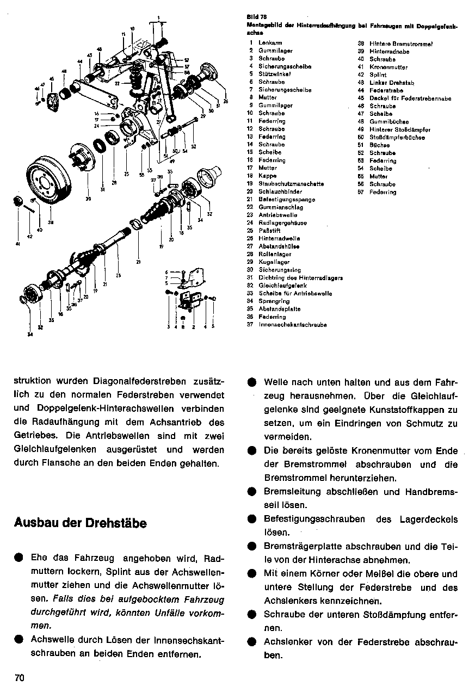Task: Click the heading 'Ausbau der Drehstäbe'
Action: coord(81,523)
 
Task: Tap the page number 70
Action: coord(20,678)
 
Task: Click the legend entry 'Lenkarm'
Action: coord(269,43)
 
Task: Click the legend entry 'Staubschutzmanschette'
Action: coord(291,184)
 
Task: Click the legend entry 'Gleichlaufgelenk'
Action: coord(282,286)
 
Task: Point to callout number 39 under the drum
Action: coord(88,199)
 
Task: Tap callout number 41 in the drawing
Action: coord(17,244)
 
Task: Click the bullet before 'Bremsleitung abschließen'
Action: coord(251,492)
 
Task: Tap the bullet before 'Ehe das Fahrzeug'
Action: coord(20,558)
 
